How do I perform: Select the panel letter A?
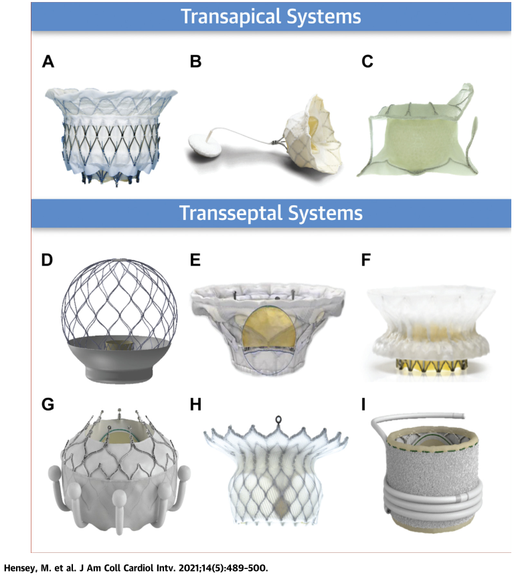[x=48, y=62]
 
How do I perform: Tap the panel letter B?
[x=196, y=62]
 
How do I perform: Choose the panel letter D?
[x=48, y=259]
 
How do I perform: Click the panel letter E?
[x=196, y=259]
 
